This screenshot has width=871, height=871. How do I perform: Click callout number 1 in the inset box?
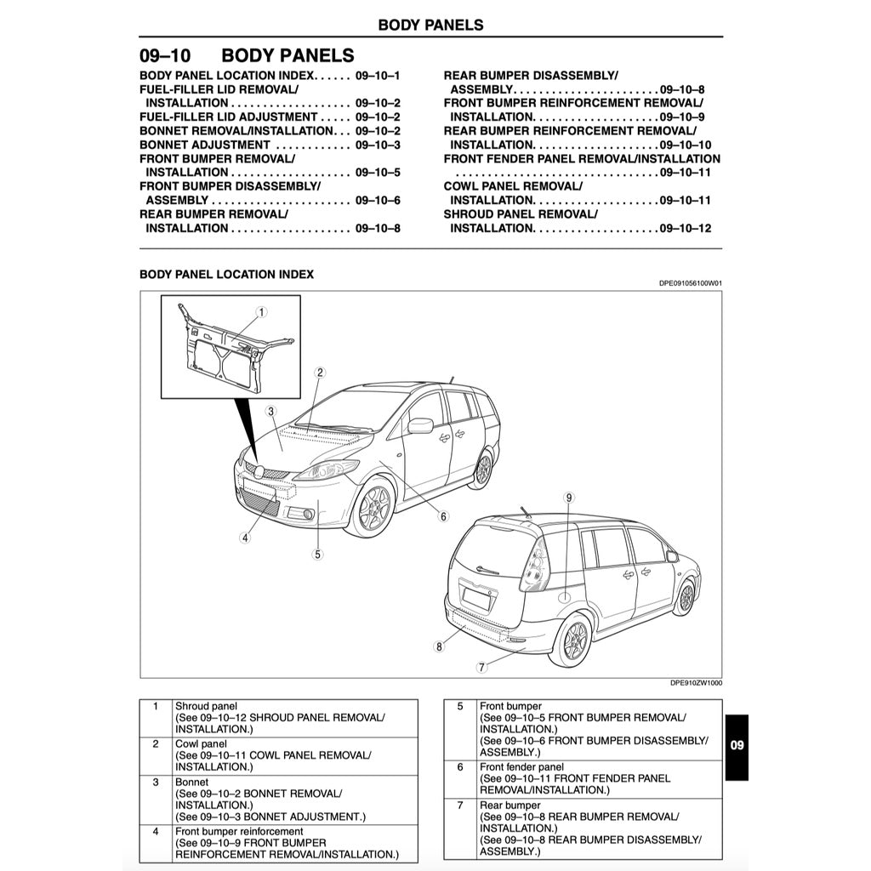tap(262, 312)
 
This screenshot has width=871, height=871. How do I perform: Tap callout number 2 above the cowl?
tap(320, 373)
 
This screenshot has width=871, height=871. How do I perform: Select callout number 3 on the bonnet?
tap(270, 412)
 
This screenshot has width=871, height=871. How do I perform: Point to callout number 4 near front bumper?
tap(245, 538)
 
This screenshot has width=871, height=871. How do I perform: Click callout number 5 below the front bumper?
tap(317, 554)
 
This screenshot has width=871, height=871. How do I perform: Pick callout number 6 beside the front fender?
tap(443, 516)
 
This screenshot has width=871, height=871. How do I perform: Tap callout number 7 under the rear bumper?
tap(481, 667)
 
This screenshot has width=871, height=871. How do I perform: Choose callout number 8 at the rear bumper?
tap(439, 646)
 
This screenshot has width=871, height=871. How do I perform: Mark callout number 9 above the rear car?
tap(569, 497)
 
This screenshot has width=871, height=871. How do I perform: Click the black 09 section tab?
tap(737, 746)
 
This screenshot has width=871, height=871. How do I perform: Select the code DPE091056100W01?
tap(690, 284)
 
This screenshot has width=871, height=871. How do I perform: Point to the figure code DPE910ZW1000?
tap(696, 682)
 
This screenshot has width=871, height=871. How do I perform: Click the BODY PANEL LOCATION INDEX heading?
tap(226, 275)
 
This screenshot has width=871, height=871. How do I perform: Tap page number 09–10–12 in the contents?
tap(686, 228)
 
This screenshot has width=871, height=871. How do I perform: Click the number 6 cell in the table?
tap(459, 766)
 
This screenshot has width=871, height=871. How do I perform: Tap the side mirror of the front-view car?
tap(420, 424)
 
